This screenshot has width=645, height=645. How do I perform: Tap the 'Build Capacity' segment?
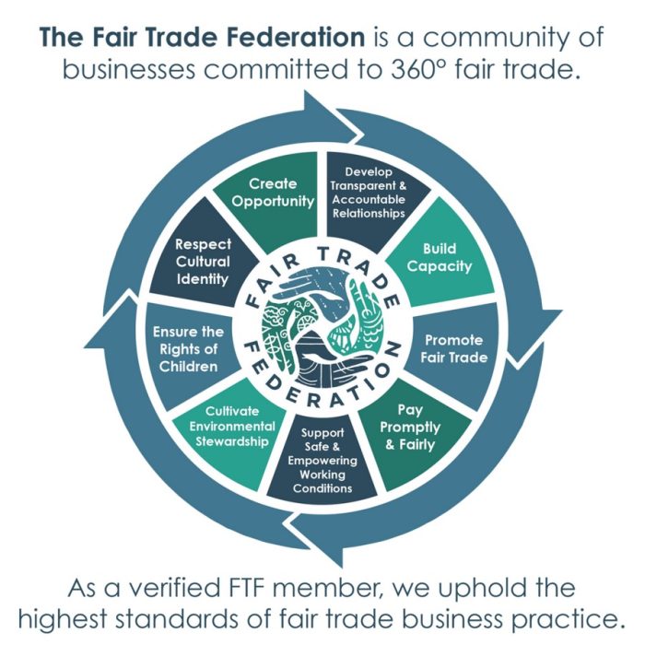point(446,258)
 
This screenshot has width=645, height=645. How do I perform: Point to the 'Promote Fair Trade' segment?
point(453,348)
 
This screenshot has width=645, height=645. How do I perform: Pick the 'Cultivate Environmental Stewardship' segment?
point(231,425)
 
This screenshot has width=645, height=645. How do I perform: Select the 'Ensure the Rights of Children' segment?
point(188,348)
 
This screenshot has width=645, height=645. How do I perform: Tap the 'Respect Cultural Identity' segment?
point(203,261)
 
